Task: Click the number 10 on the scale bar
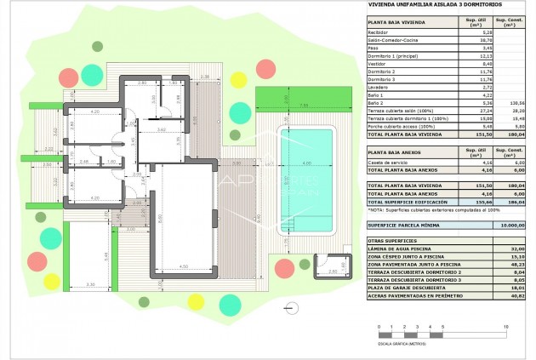point(506,326)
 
